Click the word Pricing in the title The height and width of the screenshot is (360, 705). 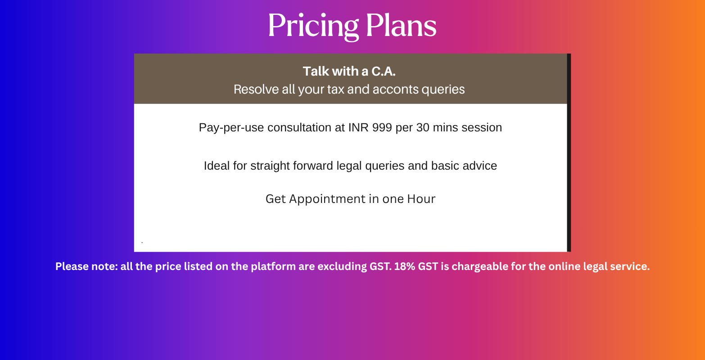[x=313, y=26]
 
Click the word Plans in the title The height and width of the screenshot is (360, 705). [x=401, y=25]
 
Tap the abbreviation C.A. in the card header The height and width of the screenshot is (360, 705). [x=384, y=71]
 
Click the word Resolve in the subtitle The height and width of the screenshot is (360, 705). [x=256, y=90]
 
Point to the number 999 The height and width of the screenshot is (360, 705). [x=382, y=127]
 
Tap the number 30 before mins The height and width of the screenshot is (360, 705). [x=423, y=127]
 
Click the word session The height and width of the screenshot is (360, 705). [x=482, y=128]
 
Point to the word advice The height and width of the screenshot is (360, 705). [x=479, y=166]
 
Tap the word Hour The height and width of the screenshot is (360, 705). [x=421, y=199]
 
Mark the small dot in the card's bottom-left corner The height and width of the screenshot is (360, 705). [x=142, y=242]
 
